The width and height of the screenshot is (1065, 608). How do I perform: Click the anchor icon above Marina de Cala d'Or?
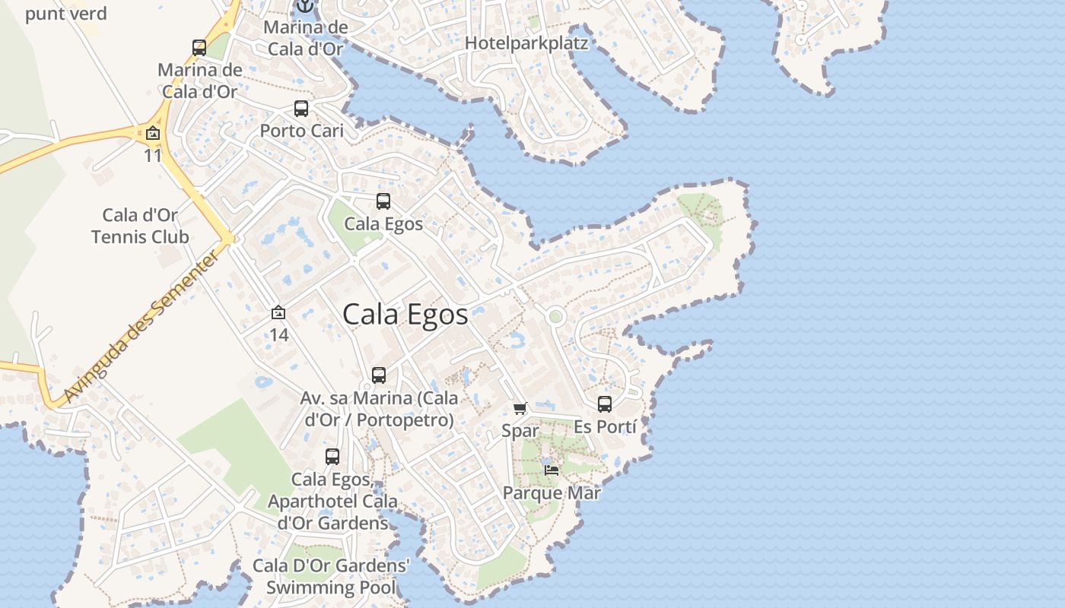click(304, 6)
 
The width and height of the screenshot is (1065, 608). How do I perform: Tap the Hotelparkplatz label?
click(526, 43)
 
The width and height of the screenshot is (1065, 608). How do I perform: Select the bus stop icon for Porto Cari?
click(301, 109)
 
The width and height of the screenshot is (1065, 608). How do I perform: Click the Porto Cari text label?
click(302, 131)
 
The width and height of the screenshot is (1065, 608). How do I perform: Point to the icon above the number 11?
click(153, 134)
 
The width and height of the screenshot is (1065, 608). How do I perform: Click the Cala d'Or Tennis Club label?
click(140, 226)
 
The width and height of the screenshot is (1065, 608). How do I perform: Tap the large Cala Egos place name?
click(405, 314)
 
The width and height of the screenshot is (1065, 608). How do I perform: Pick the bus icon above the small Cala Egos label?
click(383, 201)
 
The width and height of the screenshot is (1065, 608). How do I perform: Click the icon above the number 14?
click(278, 312)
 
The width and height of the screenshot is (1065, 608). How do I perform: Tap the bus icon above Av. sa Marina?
click(379, 375)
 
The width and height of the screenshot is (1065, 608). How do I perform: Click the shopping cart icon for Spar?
click(520, 409)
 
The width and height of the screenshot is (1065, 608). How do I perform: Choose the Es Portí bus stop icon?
click(605, 404)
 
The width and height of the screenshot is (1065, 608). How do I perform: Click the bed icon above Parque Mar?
click(552, 470)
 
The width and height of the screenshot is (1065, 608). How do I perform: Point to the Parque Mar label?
click(552, 492)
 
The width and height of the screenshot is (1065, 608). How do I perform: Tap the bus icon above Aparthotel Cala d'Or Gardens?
click(332, 457)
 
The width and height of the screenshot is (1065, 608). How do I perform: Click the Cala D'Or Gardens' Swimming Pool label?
click(331, 577)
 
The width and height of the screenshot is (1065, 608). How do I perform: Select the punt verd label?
click(66, 14)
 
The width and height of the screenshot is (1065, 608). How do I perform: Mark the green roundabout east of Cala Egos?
click(556, 316)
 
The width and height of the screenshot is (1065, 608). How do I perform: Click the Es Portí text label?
click(605, 427)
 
